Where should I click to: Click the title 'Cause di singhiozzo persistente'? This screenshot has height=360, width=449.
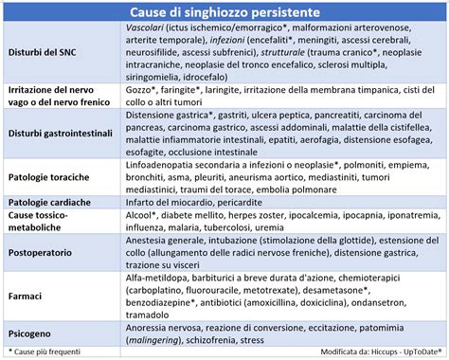point(224,10)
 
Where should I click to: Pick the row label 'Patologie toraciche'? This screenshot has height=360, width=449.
point(48,177)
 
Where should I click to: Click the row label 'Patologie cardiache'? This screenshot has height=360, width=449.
point(49,203)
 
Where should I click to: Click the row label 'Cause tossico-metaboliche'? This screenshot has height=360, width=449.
point(37,222)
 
